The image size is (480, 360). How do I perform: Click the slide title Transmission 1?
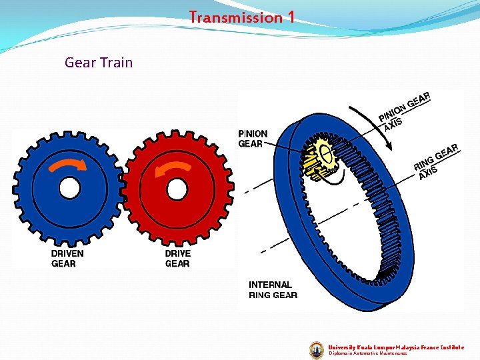(x=241, y=17)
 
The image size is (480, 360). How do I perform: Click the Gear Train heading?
(x=99, y=63)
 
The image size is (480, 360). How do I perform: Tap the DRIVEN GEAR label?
(x=67, y=259)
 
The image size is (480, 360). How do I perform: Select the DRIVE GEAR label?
(x=177, y=259)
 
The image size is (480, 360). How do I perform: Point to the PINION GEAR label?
(x=253, y=139)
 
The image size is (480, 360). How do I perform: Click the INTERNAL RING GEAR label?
(x=273, y=290)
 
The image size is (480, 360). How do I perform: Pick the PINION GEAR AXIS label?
(x=404, y=110)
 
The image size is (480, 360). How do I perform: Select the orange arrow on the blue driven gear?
(x=65, y=163)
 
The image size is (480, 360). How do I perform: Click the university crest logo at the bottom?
(x=317, y=349)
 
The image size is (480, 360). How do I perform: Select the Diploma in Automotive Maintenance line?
(x=367, y=353)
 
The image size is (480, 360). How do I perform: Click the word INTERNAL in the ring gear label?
(x=270, y=285)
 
